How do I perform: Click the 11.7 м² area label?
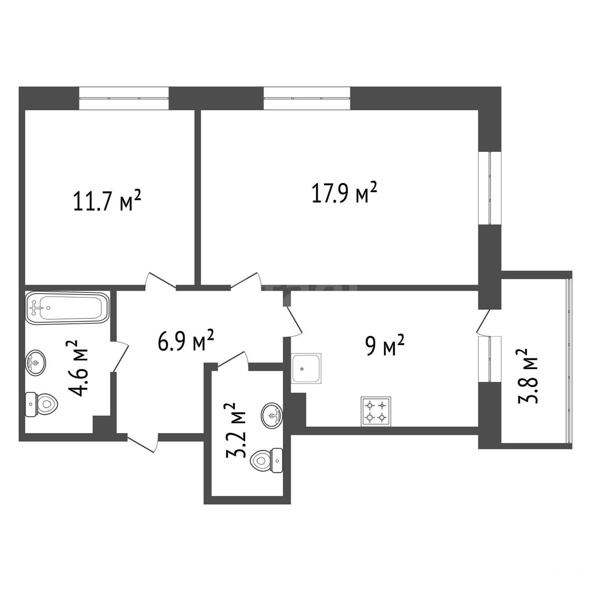(107, 200)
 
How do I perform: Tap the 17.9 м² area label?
(344, 193)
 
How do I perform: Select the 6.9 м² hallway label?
(186, 340)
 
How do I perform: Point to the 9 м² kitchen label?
(385, 345)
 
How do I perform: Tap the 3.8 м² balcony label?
(527, 376)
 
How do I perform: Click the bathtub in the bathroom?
(67, 308)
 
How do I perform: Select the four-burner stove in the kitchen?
(376, 412)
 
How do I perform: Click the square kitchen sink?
(306, 368)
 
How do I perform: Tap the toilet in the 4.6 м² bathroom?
(41, 404)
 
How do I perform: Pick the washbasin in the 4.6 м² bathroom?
(36, 362)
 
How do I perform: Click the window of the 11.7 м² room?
(124, 98)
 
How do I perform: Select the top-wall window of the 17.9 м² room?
(307, 98)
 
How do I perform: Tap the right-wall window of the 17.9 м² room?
(489, 188)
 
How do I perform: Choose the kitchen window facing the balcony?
(489, 359)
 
